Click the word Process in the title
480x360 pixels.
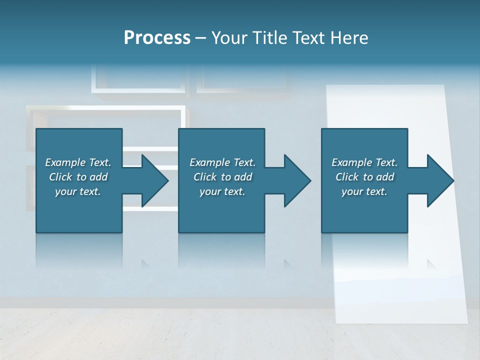[x=157, y=37]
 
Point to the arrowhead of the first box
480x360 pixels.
[x=155, y=180]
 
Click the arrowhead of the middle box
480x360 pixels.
[x=297, y=180]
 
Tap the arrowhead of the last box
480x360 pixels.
[x=440, y=180]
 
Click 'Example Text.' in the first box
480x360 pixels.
[x=78, y=162]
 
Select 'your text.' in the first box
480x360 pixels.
[x=78, y=191]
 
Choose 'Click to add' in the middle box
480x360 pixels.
[x=222, y=177]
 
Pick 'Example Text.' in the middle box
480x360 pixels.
[x=222, y=162]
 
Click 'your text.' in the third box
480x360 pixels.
[x=364, y=191]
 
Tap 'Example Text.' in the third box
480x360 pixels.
[x=364, y=162]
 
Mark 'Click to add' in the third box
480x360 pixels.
[x=364, y=177]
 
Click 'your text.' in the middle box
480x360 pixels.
[x=222, y=191]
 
